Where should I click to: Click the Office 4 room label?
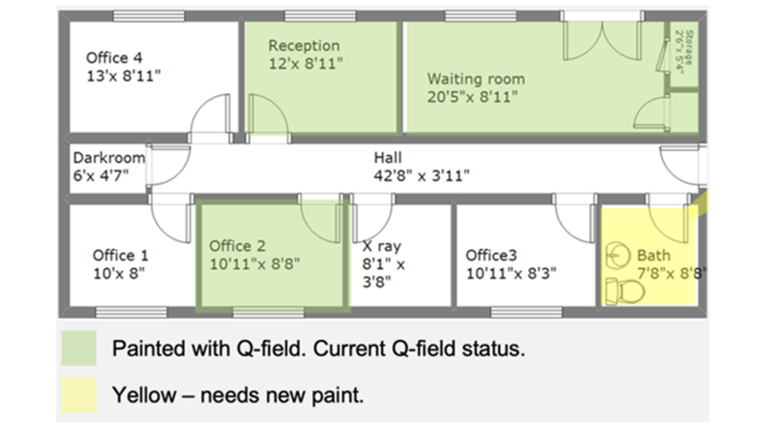pos(114,57)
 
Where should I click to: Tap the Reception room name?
pos(304,45)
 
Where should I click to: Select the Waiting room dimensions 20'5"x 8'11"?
pos(472,97)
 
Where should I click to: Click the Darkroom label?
pos(109,158)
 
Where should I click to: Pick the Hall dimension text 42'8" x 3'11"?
pos(421,175)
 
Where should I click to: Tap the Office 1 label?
pos(121,255)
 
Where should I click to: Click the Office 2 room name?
pos(237,246)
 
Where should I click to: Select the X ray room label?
pos(381,246)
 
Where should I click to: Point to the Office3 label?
pos(491,255)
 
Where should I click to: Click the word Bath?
pos(654,255)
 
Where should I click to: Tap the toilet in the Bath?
pos(624,291)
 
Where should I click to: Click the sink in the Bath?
pos(617,255)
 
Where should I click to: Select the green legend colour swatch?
pos(79,348)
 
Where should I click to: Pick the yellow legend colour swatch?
pos(79,395)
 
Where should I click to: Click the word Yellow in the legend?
pos(145,395)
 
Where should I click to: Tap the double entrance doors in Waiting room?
pos(602,38)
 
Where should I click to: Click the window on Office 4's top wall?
pos(149,16)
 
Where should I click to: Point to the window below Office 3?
pos(526,312)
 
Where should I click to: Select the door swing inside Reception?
pos(268,114)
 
